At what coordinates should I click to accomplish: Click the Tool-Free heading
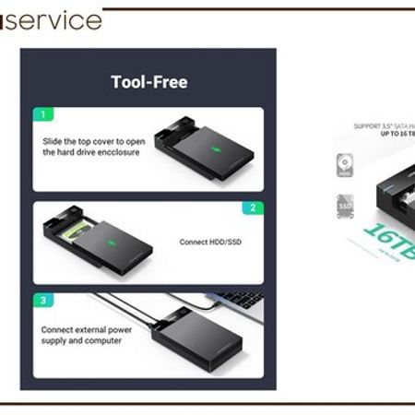(x=148, y=82)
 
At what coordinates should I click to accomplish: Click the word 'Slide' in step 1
(x=53, y=141)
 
